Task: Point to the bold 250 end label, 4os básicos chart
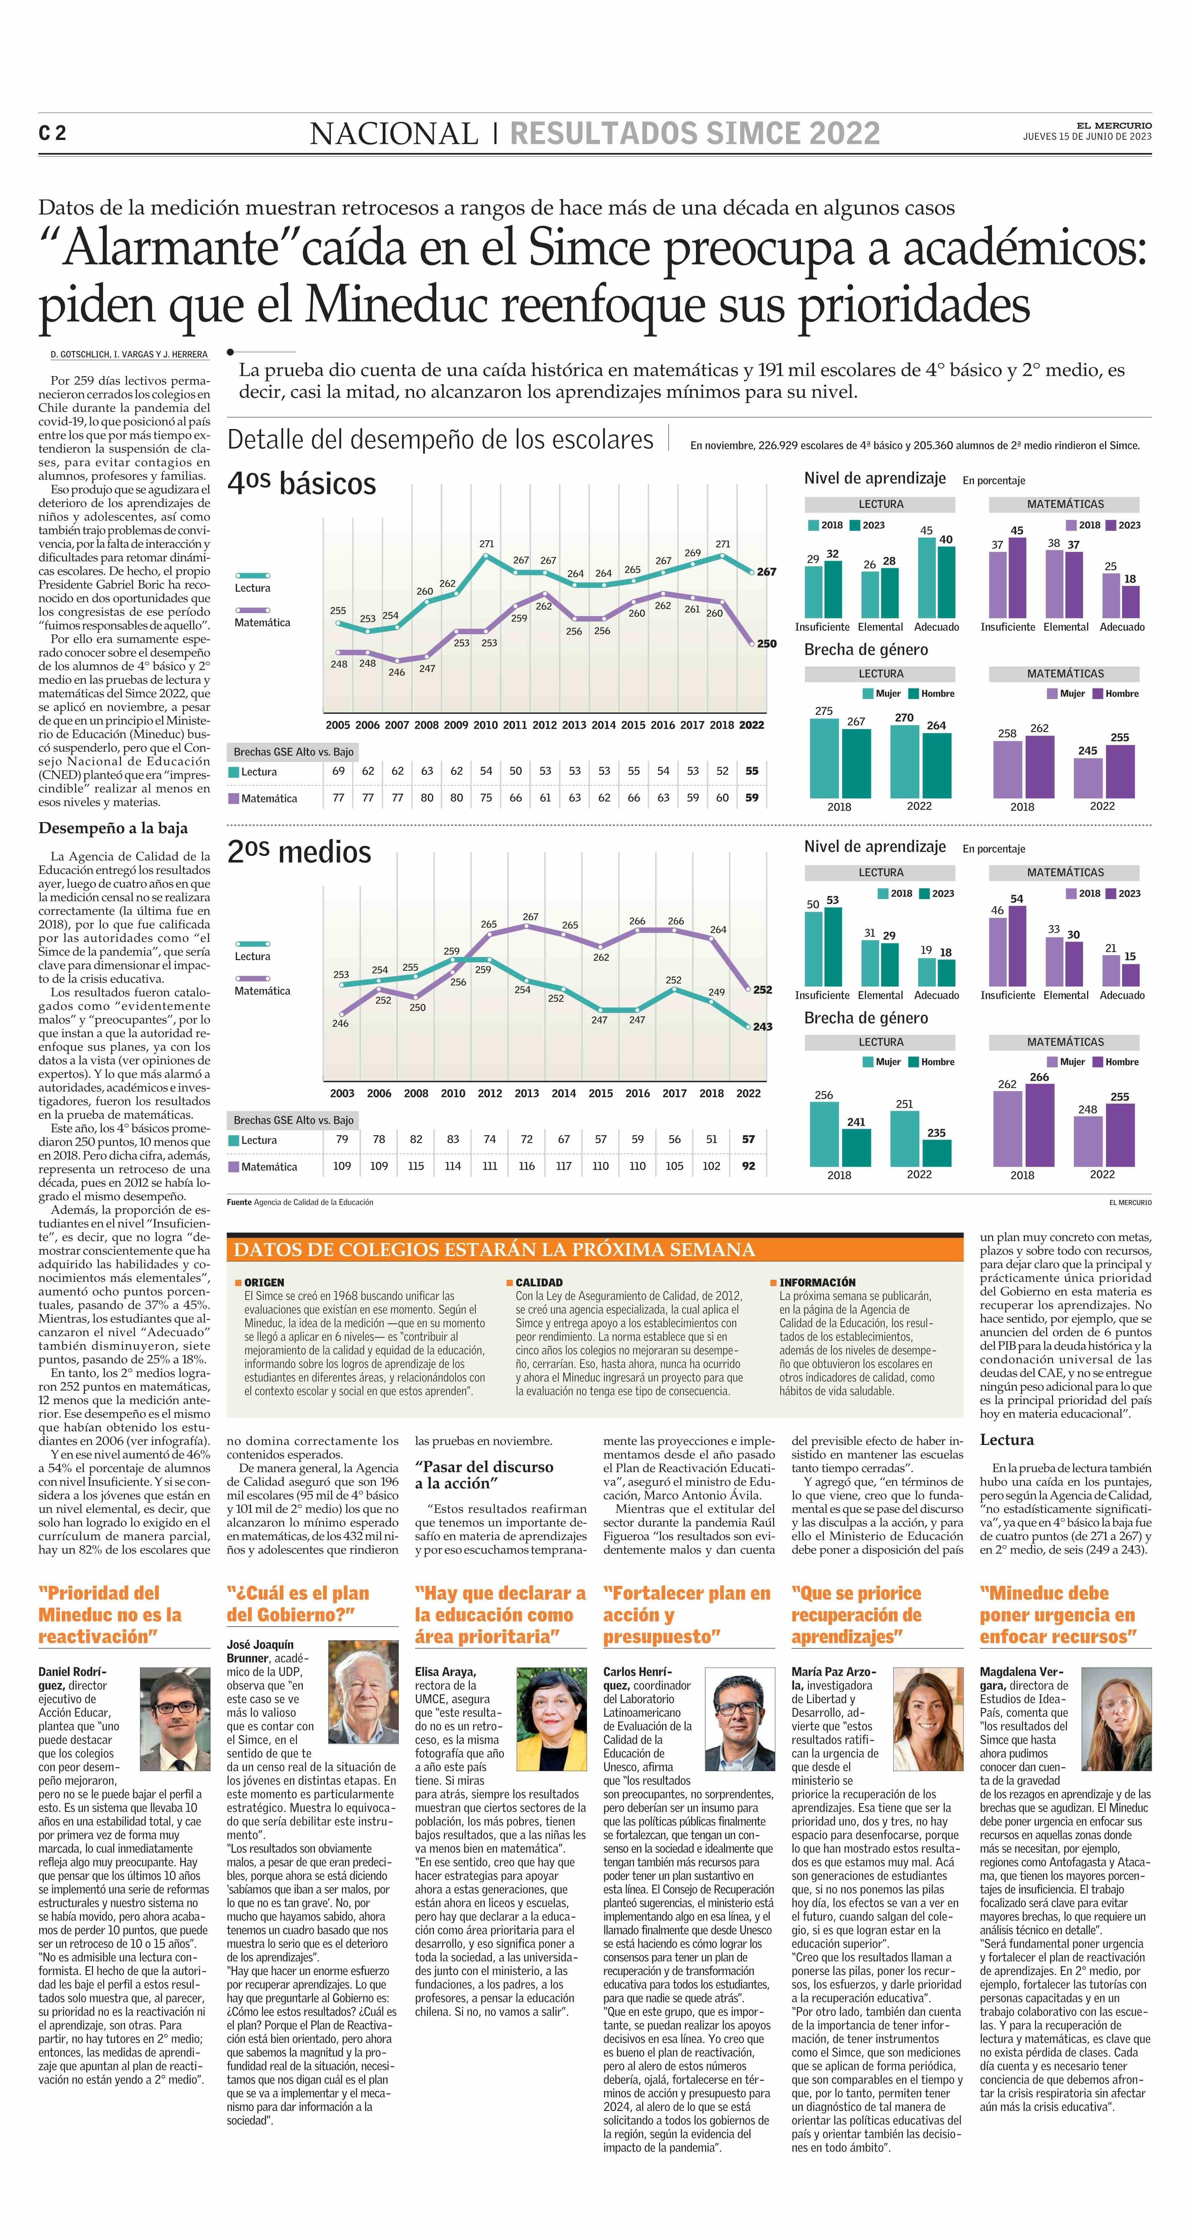click(766, 644)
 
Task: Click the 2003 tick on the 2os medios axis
click(342, 1094)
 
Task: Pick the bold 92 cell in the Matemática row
click(748, 1167)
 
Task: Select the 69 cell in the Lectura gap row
click(339, 771)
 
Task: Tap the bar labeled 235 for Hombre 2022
click(937, 1153)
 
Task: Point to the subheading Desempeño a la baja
click(113, 828)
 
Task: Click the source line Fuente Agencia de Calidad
click(300, 1202)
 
